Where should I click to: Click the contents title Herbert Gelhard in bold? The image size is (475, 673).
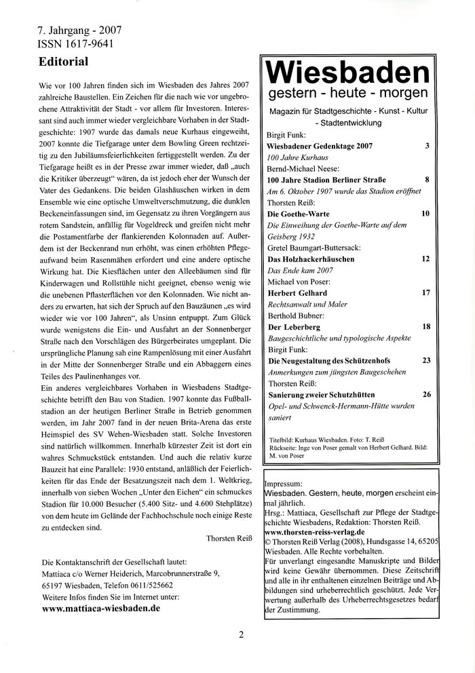click(299, 292)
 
